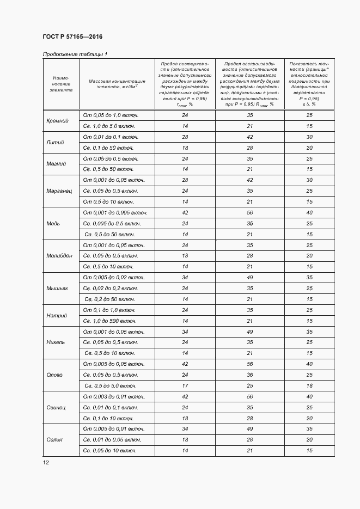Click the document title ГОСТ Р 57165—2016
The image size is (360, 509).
72,36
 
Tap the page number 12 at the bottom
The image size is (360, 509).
46,462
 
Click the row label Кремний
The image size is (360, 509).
57,121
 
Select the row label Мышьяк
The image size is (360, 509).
57,288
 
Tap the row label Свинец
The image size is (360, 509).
56,407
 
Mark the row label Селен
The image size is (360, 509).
54,439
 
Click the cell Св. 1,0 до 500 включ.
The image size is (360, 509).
109,321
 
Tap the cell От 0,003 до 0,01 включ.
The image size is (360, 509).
113,396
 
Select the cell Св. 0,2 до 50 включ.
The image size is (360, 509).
108,299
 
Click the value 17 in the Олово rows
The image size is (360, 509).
185,385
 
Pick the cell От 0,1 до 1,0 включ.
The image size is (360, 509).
108,310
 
